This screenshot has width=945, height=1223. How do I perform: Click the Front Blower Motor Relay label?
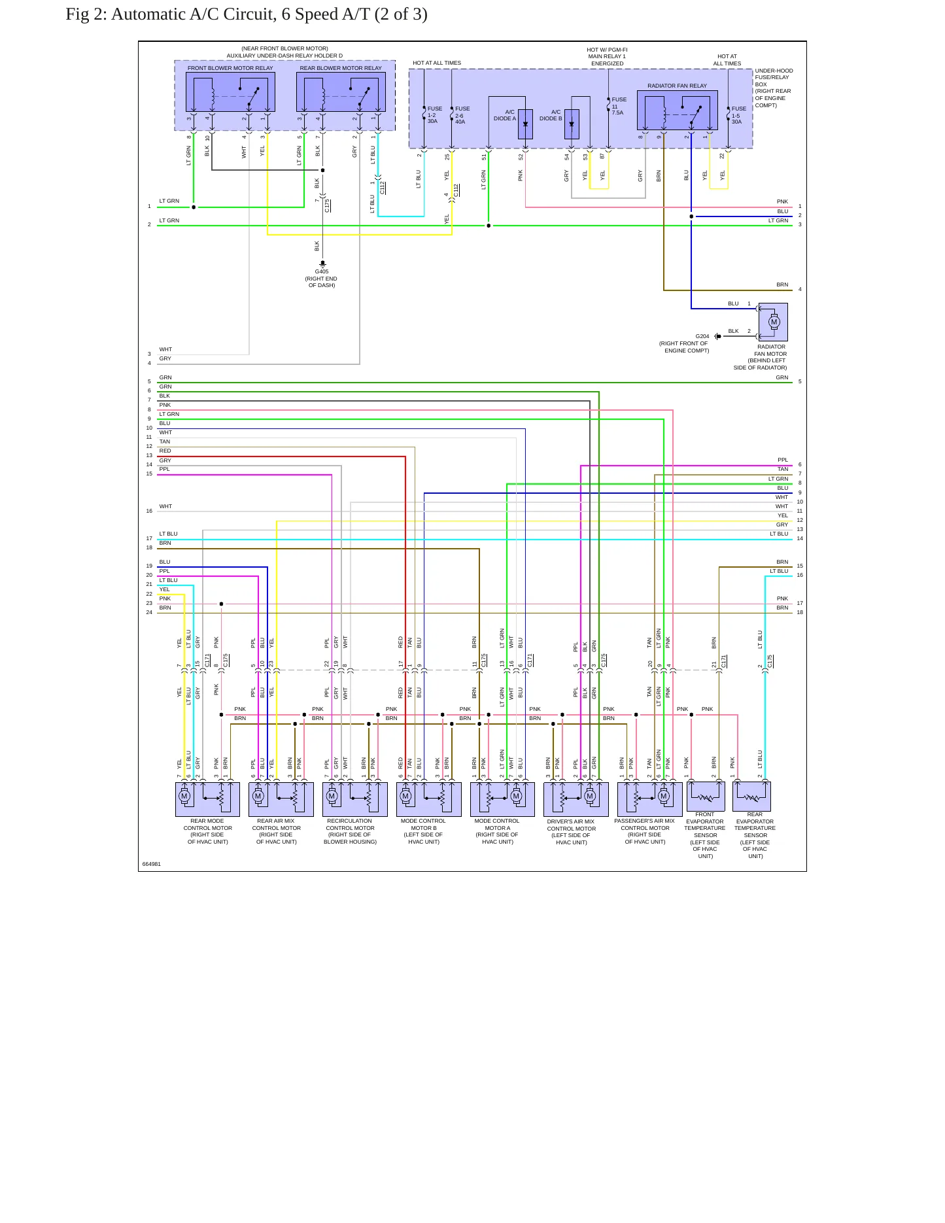point(230,68)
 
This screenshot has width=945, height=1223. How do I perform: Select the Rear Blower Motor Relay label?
point(341,68)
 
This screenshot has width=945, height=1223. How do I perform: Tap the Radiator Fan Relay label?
point(677,86)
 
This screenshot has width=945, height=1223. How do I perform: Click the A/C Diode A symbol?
point(525,124)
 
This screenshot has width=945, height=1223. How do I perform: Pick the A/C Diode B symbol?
point(572,124)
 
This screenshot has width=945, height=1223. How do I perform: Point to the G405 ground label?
point(322,271)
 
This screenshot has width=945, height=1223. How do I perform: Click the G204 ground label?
point(702,336)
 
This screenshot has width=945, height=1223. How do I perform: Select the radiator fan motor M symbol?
point(774,322)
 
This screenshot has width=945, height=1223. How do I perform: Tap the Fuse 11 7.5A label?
point(619,106)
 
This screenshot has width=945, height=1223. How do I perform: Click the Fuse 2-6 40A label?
point(462,115)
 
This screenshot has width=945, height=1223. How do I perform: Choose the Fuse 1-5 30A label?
point(739,115)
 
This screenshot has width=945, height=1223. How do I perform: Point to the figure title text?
point(247,14)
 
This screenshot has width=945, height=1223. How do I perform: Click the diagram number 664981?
point(152,864)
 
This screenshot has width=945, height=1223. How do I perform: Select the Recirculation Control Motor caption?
point(350,831)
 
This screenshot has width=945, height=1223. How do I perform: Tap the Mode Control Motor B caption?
point(423,831)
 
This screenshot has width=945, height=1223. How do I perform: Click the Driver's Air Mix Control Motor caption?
point(571,832)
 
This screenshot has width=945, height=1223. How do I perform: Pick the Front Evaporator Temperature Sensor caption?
point(705,835)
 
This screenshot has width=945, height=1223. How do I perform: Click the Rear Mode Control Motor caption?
point(208,831)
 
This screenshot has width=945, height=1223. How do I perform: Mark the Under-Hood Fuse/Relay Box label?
point(774,88)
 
